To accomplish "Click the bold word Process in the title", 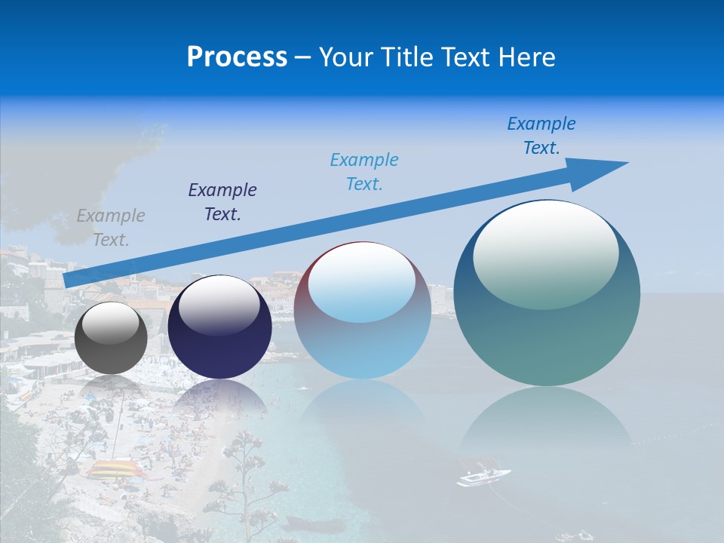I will (237, 57).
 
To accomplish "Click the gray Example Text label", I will (111, 228).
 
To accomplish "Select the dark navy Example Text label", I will (222, 202).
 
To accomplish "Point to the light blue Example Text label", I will (364, 172).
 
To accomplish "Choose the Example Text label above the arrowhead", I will (541, 136).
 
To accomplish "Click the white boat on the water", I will (483, 477).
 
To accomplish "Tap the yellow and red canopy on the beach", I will (115, 469).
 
